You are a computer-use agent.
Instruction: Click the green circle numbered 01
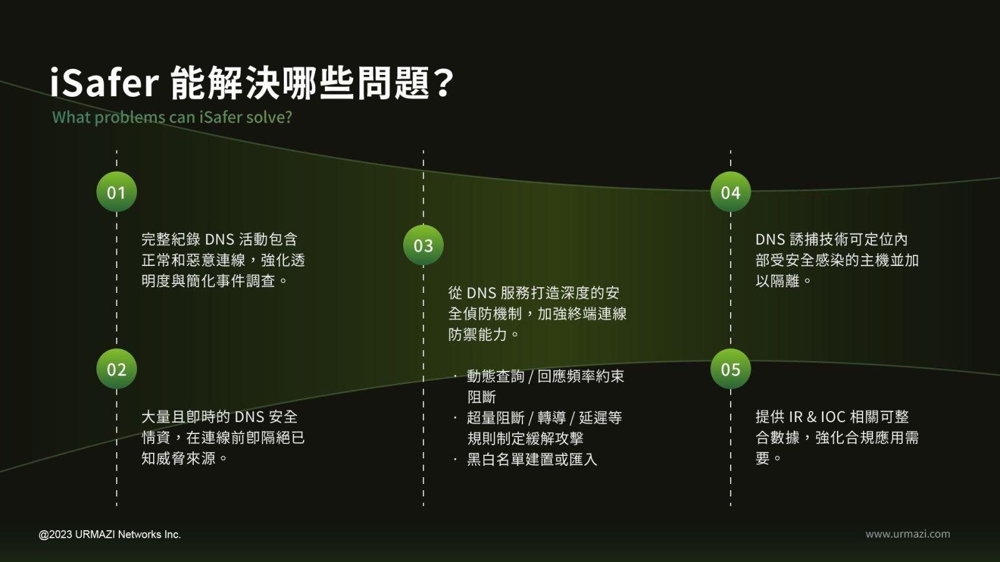click(x=116, y=192)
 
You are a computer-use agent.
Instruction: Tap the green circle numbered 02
click(x=116, y=369)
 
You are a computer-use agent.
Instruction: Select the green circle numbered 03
click(x=423, y=245)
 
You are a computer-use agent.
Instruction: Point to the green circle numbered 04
click(x=731, y=192)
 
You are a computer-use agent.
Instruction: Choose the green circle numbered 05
click(x=731, y=369)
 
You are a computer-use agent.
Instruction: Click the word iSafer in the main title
click(x=104, y=82)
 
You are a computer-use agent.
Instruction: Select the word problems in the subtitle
click(x=129, y=117)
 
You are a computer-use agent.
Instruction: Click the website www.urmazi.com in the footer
click(x=907, y=534)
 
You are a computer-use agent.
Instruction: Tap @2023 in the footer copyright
click(x=56, y=535)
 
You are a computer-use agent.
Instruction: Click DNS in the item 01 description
click(x=219, y=240)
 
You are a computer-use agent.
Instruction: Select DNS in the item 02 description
click(x=249, y=417)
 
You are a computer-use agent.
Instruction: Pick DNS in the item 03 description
click(x=481, y=293)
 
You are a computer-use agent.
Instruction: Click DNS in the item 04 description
click(x=770, y=240)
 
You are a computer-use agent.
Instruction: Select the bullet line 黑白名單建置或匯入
click(x=532, y=460)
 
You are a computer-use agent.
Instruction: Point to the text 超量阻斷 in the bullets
click(x=496, y=418)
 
